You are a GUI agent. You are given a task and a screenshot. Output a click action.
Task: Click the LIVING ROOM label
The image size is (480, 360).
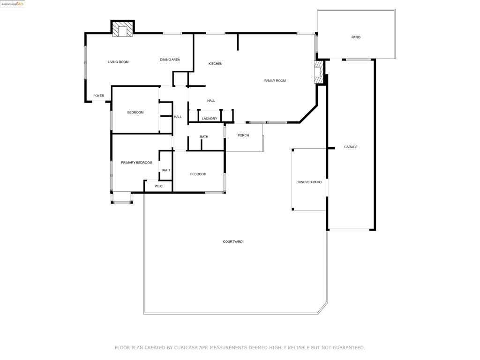[x=118, y=62]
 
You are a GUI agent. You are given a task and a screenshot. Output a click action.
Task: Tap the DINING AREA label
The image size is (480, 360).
[x=170, y=60]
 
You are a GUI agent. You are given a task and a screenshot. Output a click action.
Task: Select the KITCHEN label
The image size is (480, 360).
[x=216, y=64]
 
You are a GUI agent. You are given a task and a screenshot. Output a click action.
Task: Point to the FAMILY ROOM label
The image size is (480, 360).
[x=275, y=81]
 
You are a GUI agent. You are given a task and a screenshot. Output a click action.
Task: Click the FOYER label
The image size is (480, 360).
[x=99, y=96]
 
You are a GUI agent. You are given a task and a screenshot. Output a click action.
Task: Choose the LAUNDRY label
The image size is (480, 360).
[x=210, y=119]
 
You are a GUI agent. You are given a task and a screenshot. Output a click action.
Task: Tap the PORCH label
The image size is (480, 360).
[x=243, y=135]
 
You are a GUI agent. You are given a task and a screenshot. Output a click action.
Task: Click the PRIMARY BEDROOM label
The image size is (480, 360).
[x=136, y=163]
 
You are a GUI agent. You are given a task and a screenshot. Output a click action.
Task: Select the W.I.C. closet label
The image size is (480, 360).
[x=159, y=187]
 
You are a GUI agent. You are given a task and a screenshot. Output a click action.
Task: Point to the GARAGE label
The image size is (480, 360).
[x=351, y=147]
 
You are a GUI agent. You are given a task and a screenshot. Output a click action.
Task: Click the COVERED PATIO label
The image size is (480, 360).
[x=309, y=182]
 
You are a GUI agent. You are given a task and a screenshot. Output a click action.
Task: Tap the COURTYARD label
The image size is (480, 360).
[x=232, y=242]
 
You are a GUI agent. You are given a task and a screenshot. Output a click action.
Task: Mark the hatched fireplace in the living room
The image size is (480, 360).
[x=123, y=29]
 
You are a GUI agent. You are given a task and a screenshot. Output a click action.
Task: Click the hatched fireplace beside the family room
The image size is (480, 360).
[x=319, y=72]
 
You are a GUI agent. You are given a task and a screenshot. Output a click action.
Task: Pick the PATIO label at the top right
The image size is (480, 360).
[x=356, y=37]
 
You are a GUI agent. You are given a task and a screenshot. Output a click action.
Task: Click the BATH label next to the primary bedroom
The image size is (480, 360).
[x=165, y=170]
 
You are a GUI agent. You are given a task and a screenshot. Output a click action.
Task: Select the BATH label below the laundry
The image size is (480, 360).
[x=204, y=137]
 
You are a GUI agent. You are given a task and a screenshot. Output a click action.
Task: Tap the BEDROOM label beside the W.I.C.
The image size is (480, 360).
[x=198, y=174]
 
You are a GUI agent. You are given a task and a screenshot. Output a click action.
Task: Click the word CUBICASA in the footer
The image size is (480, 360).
[x=186, y=348]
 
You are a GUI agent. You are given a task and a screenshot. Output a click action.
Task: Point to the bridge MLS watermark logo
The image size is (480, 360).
[x=12, y=4]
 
